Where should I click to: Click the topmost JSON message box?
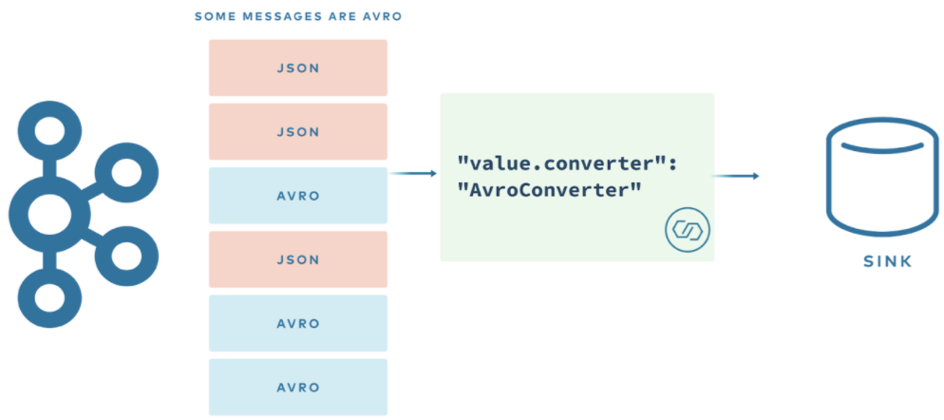297,67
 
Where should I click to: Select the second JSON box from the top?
297,131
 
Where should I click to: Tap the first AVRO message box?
297,196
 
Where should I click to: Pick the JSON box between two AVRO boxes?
297,259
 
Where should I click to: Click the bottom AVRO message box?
297,387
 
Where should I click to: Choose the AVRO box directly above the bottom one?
297,323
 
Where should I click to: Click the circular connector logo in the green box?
688,231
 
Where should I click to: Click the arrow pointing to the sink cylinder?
737,176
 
